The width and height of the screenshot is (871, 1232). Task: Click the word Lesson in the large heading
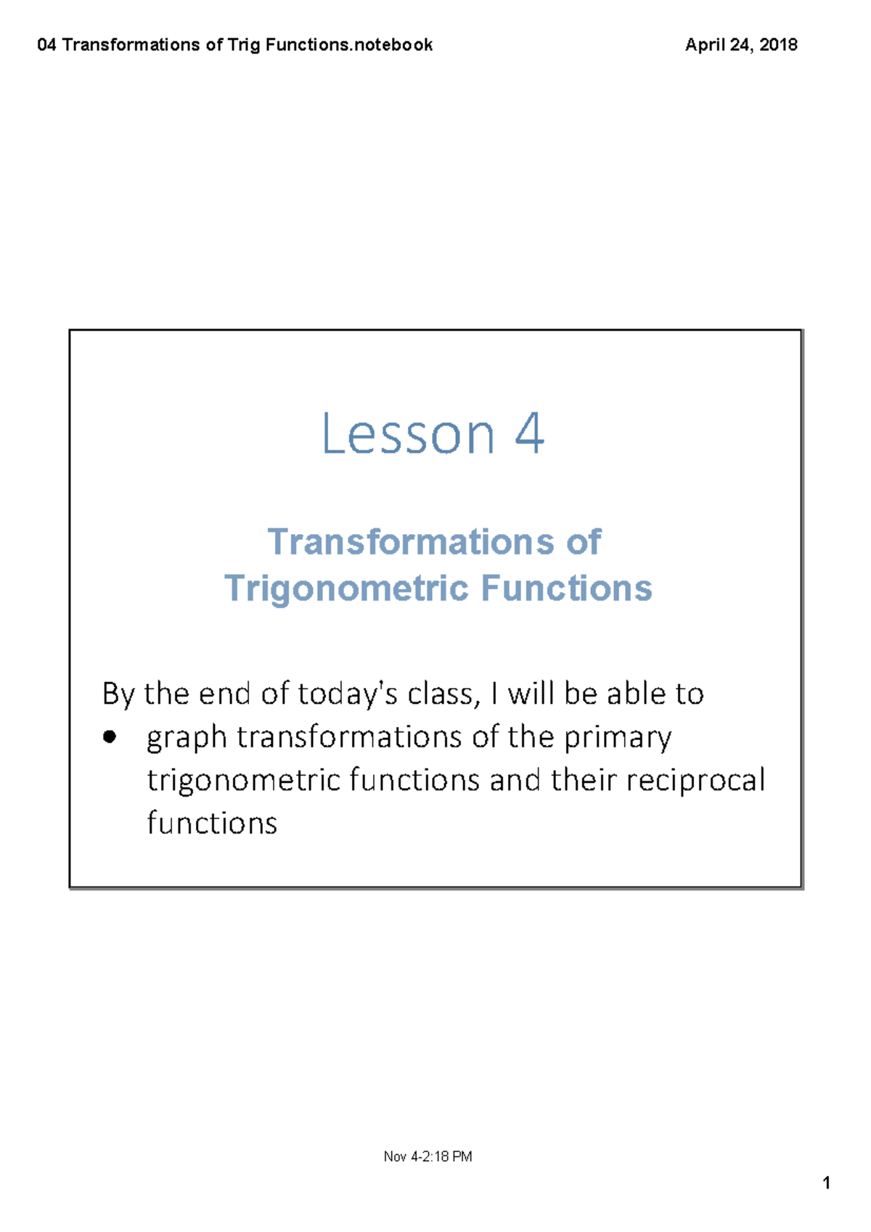(408, 434)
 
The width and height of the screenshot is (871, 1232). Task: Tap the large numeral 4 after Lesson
(529, 433)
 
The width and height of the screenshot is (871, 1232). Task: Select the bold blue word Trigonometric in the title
(347, 589)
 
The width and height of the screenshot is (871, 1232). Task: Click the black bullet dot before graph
(110, 737)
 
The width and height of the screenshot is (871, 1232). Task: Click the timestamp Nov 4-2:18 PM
(428, 1156)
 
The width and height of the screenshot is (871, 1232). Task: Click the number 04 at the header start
(46, 44)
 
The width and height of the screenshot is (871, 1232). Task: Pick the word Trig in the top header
(244, 45)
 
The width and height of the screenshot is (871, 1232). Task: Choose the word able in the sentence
(635, 694)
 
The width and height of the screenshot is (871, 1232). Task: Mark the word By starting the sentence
(118, 695)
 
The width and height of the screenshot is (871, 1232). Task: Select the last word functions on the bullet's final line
(212, 824)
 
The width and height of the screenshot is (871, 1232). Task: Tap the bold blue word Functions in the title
(567, 588)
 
